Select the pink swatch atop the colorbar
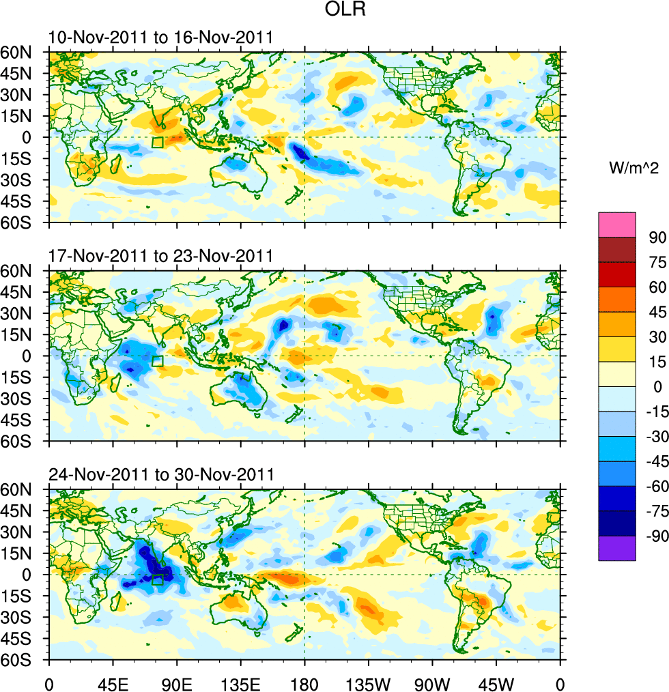pos(617,225)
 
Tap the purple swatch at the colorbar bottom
pos(617,548)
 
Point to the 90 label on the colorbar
pos(657,237)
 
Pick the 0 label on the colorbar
pos(657,387)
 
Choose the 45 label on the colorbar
pos(657,312)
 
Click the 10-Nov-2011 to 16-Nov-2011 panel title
pos(160,38)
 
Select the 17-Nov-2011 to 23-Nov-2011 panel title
pos(160,256)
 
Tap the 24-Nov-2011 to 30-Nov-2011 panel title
pos(160,474)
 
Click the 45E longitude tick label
pos(113,682)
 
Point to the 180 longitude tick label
pos(304,682)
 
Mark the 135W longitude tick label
pos(369,682)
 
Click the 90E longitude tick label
pos(177,682)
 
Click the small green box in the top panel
pos(158,143)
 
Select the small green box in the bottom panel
pos(158,579)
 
